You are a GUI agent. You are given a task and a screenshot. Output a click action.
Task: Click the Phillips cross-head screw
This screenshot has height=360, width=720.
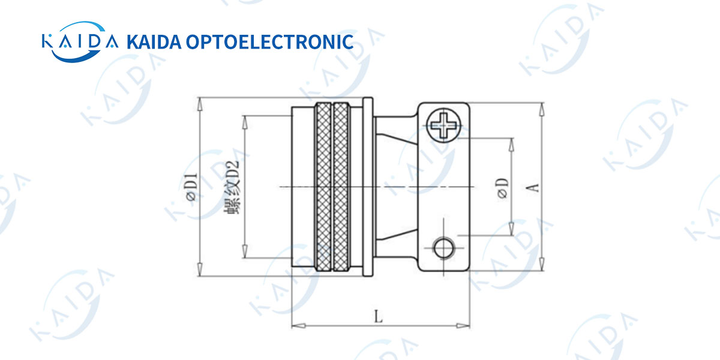coord(443,125)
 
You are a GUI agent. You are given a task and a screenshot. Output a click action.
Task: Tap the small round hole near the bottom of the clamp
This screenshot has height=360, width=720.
coord(444,247)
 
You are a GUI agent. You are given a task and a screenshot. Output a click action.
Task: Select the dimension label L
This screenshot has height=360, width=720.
coord(378,316)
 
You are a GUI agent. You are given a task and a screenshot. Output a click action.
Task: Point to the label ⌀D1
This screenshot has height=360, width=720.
coord(191,187)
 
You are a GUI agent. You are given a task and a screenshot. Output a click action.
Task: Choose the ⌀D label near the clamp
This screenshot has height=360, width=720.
coord(503,187)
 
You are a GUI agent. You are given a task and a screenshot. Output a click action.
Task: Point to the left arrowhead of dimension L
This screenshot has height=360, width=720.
coord(295,326)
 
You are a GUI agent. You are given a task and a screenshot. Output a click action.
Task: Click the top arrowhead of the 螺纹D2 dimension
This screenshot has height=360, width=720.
coord(244,119)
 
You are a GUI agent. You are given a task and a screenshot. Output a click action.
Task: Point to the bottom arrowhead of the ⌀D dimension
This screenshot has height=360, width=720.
coord(511,230)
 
